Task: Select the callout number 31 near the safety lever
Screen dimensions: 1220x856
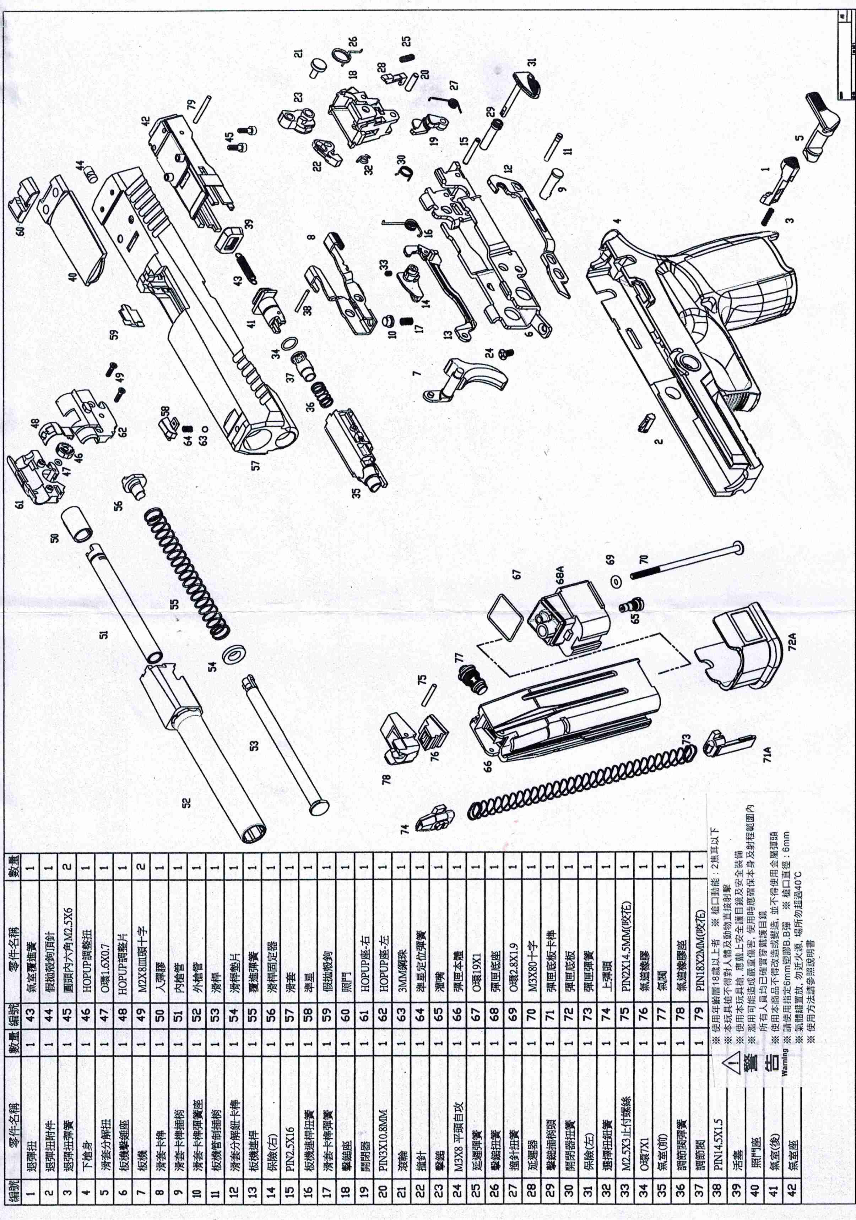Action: point(532,62)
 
